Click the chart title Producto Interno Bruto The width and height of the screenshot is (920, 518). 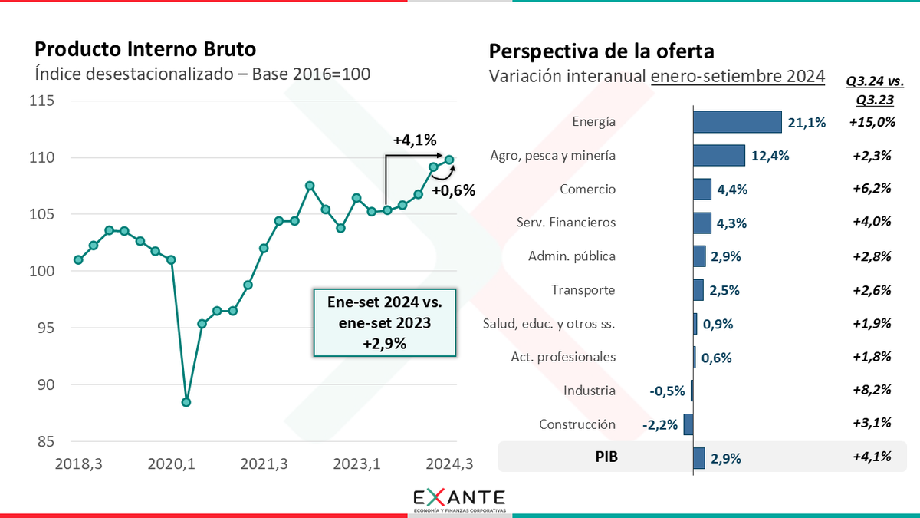146,49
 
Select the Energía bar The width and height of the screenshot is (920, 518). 737,122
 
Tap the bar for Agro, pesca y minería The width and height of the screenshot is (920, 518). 719,156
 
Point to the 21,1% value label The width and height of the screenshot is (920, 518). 804,123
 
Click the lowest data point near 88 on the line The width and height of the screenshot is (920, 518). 186,402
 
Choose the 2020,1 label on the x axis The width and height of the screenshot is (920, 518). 170,464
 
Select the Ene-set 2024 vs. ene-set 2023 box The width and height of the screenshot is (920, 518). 386,322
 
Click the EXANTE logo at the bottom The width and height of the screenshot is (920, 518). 459,497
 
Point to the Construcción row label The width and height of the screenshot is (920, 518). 577,424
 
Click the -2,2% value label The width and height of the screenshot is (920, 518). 660,424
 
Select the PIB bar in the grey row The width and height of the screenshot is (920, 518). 699,458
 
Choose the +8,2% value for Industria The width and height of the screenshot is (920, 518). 872,391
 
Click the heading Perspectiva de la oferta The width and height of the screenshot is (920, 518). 601,51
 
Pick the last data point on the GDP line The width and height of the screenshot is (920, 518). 449,160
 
